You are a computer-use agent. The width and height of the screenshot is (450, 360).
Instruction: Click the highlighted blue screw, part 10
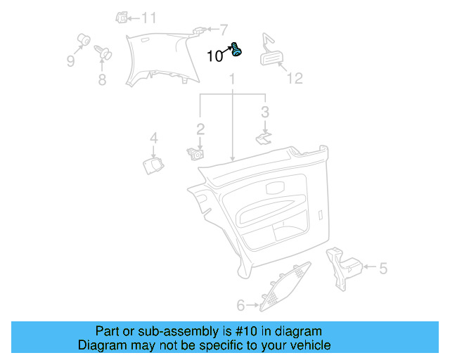tap(237, 50)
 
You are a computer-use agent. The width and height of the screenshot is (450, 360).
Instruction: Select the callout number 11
tap(150, 18)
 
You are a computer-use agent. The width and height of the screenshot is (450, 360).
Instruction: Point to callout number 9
tap(70, 61)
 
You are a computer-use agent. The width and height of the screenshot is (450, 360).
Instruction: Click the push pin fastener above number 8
tap(103, 51)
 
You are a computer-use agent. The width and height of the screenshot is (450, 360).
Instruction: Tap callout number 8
tap(103, 79)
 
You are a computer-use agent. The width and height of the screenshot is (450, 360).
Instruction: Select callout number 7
tap(224, 30)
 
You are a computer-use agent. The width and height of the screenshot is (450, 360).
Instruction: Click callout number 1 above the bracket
tap(231, 83)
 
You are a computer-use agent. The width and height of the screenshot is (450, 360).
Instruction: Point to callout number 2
tap(200, 129)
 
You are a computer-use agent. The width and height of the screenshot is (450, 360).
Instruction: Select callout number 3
tap(264, 111)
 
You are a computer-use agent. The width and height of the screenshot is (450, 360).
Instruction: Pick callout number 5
tap(383, 268)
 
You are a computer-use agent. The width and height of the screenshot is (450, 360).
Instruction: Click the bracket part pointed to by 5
tap(344, 266)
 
